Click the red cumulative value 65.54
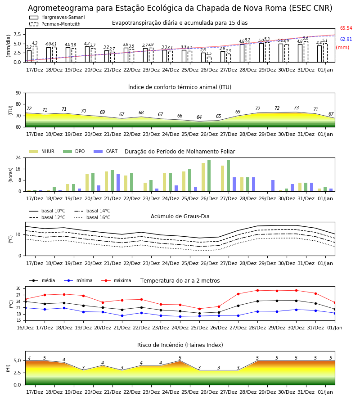pos(346,28)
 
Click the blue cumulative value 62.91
pos(346,39)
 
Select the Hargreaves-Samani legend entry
pos(57,17)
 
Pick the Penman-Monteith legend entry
pos(55,24)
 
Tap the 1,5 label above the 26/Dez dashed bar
pos(209,54)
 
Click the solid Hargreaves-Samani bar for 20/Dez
pos(87,54)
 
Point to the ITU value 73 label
pos(296,108)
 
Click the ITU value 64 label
pos(199,117)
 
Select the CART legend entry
pos(105,151)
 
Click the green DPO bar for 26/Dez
pos(209,176)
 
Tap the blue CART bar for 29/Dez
pos(273,186)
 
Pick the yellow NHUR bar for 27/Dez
pos(223,179)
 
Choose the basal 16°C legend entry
pos(92,217)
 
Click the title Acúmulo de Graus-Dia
pos(180,216)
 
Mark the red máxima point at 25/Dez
pos(199,309)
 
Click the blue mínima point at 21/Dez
pos(122,315)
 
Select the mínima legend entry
pos(78,280)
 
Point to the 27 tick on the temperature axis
pos(18,295)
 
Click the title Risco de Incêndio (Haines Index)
pos(180,345)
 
